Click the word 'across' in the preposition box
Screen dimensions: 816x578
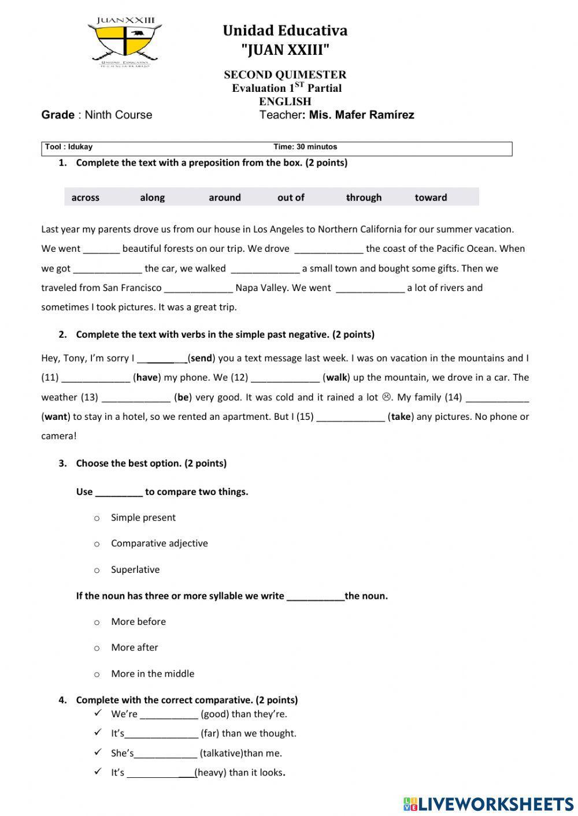point(86,198)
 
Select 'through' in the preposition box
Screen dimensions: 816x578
point(364,198)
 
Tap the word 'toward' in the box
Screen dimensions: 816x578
point(431,198)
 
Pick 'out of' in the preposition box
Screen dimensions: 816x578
point(291,198)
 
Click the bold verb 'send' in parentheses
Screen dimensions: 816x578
point(201,358)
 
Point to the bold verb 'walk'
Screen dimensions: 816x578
point(336,378)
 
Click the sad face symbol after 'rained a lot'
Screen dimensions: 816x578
point(387,397)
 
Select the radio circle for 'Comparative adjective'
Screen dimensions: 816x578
point(97,544)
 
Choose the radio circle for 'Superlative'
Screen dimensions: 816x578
point(97,571)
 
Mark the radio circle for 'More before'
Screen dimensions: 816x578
point(97,623)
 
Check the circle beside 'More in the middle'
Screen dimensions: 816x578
point(97,675)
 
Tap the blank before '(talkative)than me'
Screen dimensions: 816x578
point(166,754)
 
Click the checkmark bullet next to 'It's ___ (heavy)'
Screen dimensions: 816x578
point(98,772)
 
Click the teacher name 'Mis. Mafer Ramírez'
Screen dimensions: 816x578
point(361,115)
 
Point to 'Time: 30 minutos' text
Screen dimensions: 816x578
point(305,147)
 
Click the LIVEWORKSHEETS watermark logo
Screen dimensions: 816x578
point(488,803)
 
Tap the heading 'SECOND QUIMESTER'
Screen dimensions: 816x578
point(285,74)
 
